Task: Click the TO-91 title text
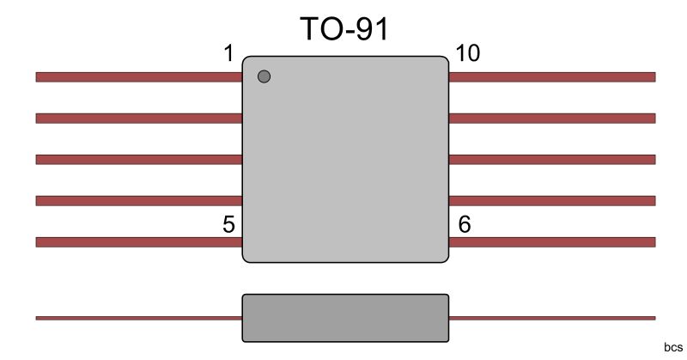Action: (344, 29)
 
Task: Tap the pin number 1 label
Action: (228, 54)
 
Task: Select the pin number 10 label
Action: (468, 54)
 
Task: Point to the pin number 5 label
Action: (228, 224)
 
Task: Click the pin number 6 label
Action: (465, 224)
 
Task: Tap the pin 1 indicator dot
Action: (264, 76)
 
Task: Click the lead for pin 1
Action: (138, 76)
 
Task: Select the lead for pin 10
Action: (551, 76)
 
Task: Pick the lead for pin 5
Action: (138, 242)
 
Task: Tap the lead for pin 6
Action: (551, 242)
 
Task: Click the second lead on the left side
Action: (138, 118)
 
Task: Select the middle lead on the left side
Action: (138, 159)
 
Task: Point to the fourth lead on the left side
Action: (138, 201)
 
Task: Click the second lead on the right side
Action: (551, 118)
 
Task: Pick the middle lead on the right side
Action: (551, 159)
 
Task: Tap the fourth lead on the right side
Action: (551, 201)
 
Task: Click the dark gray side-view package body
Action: (345, 318)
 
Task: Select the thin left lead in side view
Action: (138, 318)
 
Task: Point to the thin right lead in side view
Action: (551, 318)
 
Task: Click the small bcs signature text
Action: (672, 347)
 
